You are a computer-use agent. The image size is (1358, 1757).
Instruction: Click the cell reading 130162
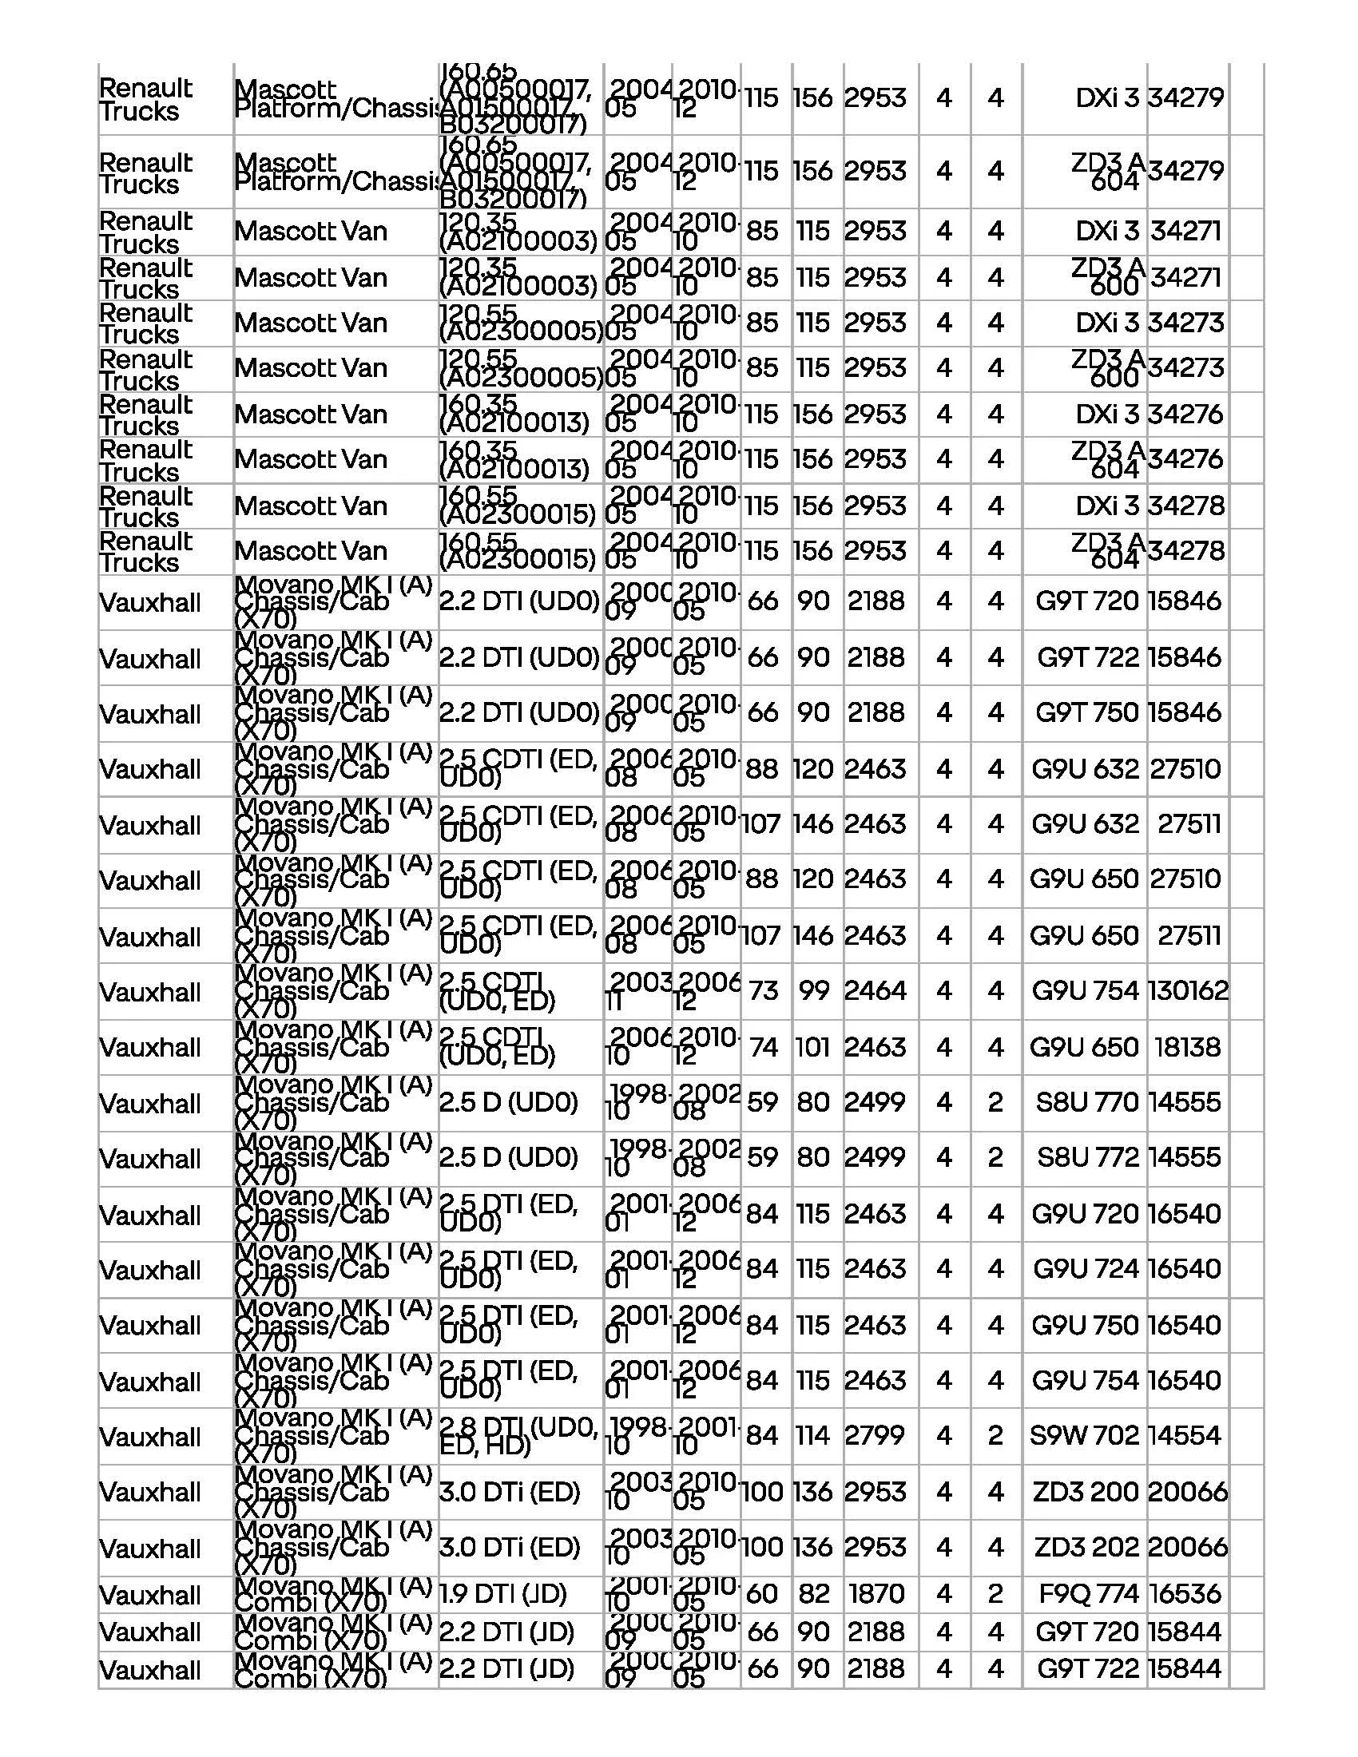pyautogui.click(x=1187, y=990)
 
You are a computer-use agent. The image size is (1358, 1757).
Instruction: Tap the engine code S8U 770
pyautogui.click(x=1087, y=1101)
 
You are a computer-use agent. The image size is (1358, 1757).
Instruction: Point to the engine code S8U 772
pyautogui.click(x=1087, y=1157)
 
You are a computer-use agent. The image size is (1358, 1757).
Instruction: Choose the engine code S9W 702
pyautogui.click(x=1084, y=1435)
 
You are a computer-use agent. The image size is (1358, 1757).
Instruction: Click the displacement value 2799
pyautogui.click(x=876, y=1435)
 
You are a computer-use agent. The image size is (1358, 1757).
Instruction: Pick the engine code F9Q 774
pyautogui.click(x=1090, y=1593)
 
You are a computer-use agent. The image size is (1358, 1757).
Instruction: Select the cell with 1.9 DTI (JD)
pyautogui.click(x=502, y=1593)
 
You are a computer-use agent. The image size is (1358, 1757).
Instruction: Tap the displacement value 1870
pyautogui.click(x=876, y=1593)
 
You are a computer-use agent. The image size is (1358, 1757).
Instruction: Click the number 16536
pyautogui.click(x=1185, y=1593)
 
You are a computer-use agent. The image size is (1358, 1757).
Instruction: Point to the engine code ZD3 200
pyautogui.click(x=1086, y=1492)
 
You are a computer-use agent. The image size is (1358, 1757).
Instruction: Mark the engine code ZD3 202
pyautogui.click(x=1086, y=1547)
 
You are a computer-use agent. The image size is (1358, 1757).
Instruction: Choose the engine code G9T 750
pyautogui.click(x=1087, y=712)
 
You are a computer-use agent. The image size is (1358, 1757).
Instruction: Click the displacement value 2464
pyautogui.click(x=876, y=990)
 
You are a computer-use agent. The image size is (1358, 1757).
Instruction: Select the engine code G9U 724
pyautogui.click(x=1086, y=1269)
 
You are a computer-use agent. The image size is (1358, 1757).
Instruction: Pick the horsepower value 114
pyautogui.click(x=813, y=1435)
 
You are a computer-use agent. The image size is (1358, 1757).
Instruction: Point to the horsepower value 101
pyautogui.click(x=813, y=1047)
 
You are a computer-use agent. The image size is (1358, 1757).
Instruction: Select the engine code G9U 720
pyautogui.click(x=1086, y=1213)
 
